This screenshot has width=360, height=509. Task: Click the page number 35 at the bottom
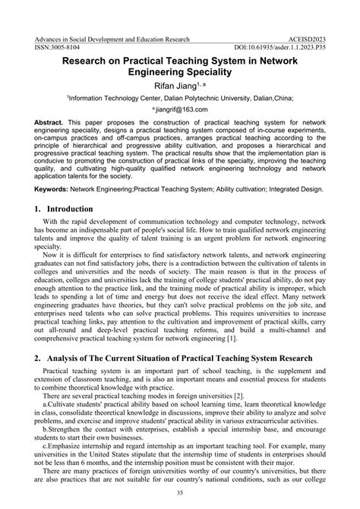click(x=181, y=494)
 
